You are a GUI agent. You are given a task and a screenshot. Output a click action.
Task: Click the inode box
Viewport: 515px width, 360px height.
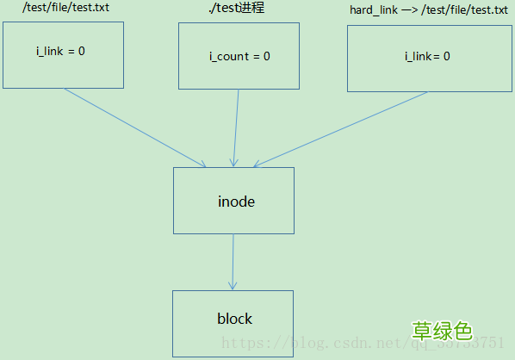tap(233, 200)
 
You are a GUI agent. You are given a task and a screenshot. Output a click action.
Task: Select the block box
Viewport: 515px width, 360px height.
tap(233, 323)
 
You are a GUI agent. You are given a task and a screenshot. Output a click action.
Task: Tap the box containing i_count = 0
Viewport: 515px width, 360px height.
tap(239, 55)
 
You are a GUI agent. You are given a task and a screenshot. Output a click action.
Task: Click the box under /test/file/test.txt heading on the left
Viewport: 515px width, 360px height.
tap(63, 54)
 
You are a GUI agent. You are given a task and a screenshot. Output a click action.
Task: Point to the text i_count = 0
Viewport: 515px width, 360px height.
tap(239, 57)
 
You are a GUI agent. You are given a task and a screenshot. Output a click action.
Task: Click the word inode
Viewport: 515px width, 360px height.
tap(236, 202)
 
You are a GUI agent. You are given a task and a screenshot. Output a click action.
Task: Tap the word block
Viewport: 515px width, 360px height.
tap(234, 319)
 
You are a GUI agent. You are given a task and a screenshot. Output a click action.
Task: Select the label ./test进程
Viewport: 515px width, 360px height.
tap(236, 9)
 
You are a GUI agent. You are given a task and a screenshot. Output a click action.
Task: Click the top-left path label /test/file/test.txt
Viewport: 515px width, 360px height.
tap(65, 8)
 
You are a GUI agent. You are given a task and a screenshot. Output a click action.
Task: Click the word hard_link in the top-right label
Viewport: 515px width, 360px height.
tap(373, 9)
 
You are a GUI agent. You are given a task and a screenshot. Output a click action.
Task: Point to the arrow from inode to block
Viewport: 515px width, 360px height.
tap(233, 262)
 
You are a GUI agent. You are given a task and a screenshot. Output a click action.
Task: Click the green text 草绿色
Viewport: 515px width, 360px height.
tap(441, 331)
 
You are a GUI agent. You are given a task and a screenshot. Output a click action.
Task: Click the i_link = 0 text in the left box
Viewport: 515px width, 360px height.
tap(60, 51)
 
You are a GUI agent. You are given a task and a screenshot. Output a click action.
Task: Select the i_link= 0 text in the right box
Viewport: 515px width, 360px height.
tap(427, 57)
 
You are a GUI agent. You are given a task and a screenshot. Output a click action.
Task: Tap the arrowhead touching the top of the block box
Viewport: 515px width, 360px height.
tap(232, 285)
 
